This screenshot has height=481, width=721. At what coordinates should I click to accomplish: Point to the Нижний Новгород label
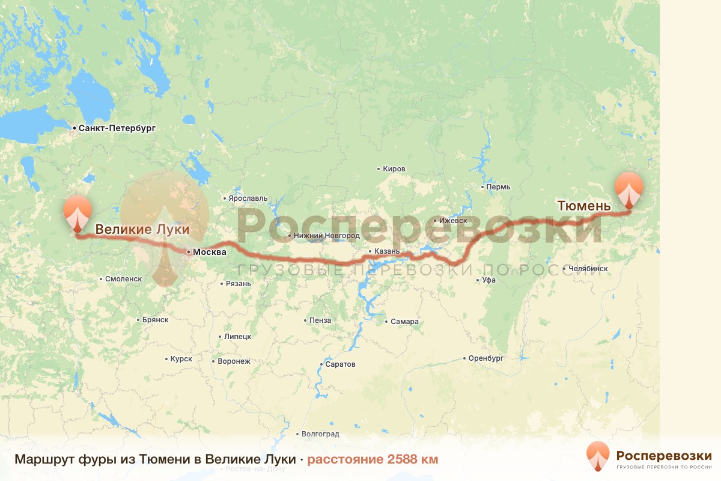click(327, 236)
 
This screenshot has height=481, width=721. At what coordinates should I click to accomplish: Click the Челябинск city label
click(587, 268)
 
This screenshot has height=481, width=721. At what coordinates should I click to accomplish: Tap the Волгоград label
click(320, 434)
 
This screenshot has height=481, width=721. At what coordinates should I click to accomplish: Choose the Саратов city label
click(339, 364)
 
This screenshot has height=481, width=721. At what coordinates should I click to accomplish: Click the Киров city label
click(394, 169)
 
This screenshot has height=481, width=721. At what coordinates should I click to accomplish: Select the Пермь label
click(499, 186)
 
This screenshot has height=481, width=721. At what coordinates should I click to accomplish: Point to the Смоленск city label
click(123, 279)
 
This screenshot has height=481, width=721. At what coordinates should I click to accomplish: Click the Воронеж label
click(233, 361)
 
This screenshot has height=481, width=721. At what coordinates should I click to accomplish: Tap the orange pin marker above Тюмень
click(628, 189)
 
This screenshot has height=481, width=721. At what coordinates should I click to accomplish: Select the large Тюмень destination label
click(584, 206)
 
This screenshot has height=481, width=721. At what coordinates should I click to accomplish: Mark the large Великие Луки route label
click(142, 229)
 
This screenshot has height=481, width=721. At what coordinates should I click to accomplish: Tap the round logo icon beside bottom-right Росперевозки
click(598, 456)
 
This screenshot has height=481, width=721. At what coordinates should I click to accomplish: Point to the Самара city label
click(404, 322)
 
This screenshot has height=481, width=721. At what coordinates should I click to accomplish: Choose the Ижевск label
click(453, 221)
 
